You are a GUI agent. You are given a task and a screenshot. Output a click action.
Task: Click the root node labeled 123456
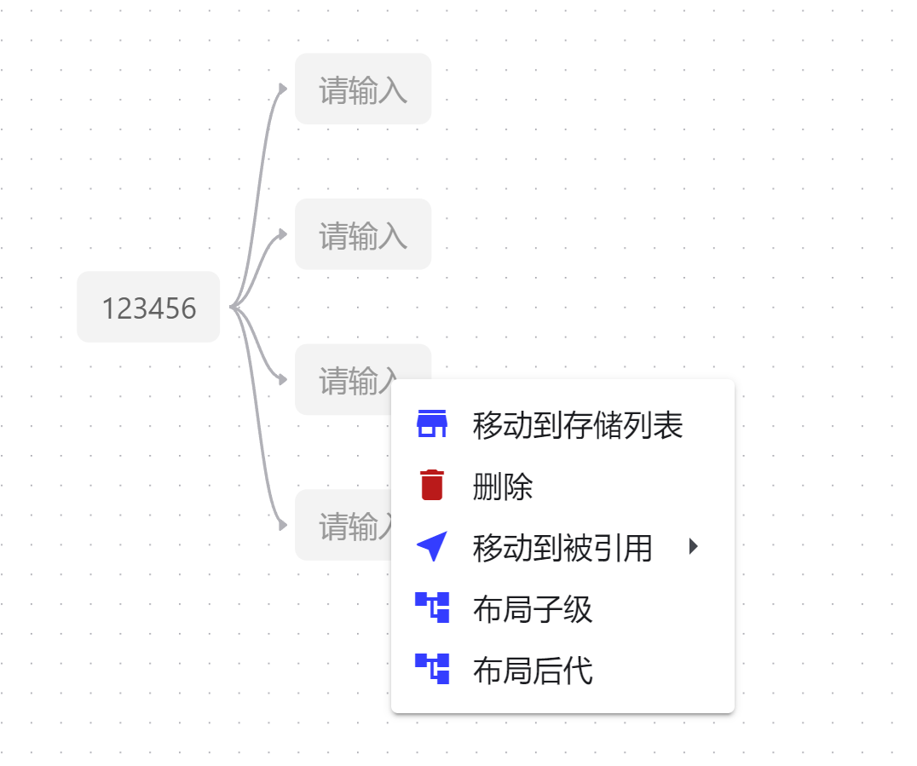(148, 308)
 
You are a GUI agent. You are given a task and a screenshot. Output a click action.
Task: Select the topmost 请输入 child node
(362, 89)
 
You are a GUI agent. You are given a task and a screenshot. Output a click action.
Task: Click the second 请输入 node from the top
(362, 235)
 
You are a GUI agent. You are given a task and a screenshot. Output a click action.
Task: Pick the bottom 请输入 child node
(345, 526)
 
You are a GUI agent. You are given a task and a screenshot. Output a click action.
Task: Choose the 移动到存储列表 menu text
(577, 425)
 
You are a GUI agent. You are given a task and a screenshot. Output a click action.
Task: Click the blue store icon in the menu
(432, 423)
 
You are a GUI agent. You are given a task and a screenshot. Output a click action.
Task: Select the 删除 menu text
(503, 487)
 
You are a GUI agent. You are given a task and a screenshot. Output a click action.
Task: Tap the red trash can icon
(432, 485)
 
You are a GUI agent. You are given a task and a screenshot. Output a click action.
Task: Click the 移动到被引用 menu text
(562, 548)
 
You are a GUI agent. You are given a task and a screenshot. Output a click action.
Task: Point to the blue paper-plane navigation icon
(432, 546)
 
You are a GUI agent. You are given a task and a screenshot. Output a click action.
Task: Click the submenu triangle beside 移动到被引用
(693, 547)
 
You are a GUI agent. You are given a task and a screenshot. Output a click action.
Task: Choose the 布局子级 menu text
(532, 609)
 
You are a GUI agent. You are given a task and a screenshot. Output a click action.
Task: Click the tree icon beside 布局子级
(432, 608)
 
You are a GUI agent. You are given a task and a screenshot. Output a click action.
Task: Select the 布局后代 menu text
(532, 671)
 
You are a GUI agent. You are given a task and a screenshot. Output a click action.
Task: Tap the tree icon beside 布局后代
(432, 669)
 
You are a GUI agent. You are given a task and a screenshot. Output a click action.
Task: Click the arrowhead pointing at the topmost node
(283, 88)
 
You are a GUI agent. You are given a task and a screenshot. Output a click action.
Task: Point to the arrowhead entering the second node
(283, 233)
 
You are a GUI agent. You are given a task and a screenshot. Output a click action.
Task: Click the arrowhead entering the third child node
(283, 379)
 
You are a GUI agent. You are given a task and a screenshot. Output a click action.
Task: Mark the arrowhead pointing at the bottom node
(283, 525)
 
